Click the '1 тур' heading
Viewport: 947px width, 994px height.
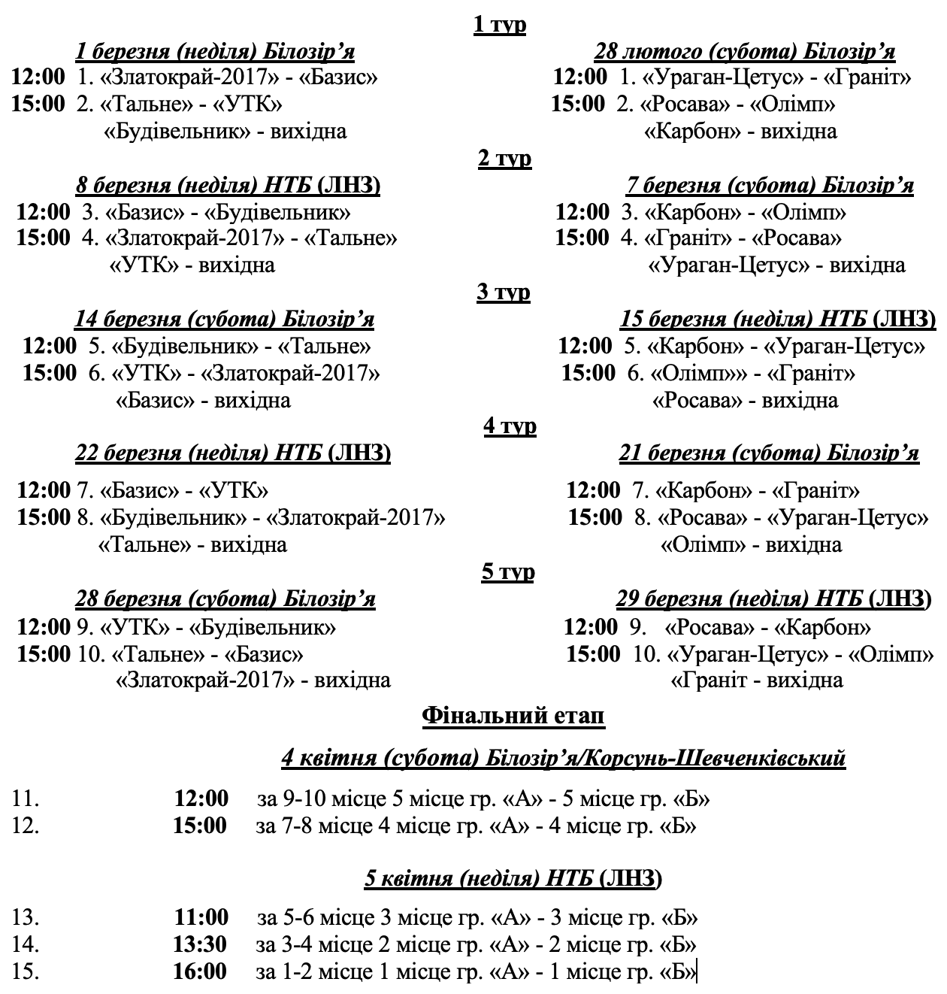pos(500,24)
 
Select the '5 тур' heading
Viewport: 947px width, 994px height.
pos(507,572)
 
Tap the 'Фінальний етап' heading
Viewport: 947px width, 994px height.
pos(514,716)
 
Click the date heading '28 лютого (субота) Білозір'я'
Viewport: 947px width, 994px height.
pos(744,51)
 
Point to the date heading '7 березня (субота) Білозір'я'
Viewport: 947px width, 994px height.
pos(770,186)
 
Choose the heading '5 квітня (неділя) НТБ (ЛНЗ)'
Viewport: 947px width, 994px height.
pos(514,878)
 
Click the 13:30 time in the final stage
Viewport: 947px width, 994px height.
pos(200,944)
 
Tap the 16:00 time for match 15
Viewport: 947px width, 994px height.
pos(200,971)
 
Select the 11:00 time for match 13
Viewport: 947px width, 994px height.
pos(200,917)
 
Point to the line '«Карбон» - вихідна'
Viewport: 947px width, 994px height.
pos(741,132)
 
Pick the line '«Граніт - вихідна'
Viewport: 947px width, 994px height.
pos(756,680)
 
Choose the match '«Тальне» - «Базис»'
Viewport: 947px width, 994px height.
pos(207,653)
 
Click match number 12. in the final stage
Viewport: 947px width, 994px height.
pos(26,826)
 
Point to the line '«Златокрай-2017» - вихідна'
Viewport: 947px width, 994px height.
pos(253,680)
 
